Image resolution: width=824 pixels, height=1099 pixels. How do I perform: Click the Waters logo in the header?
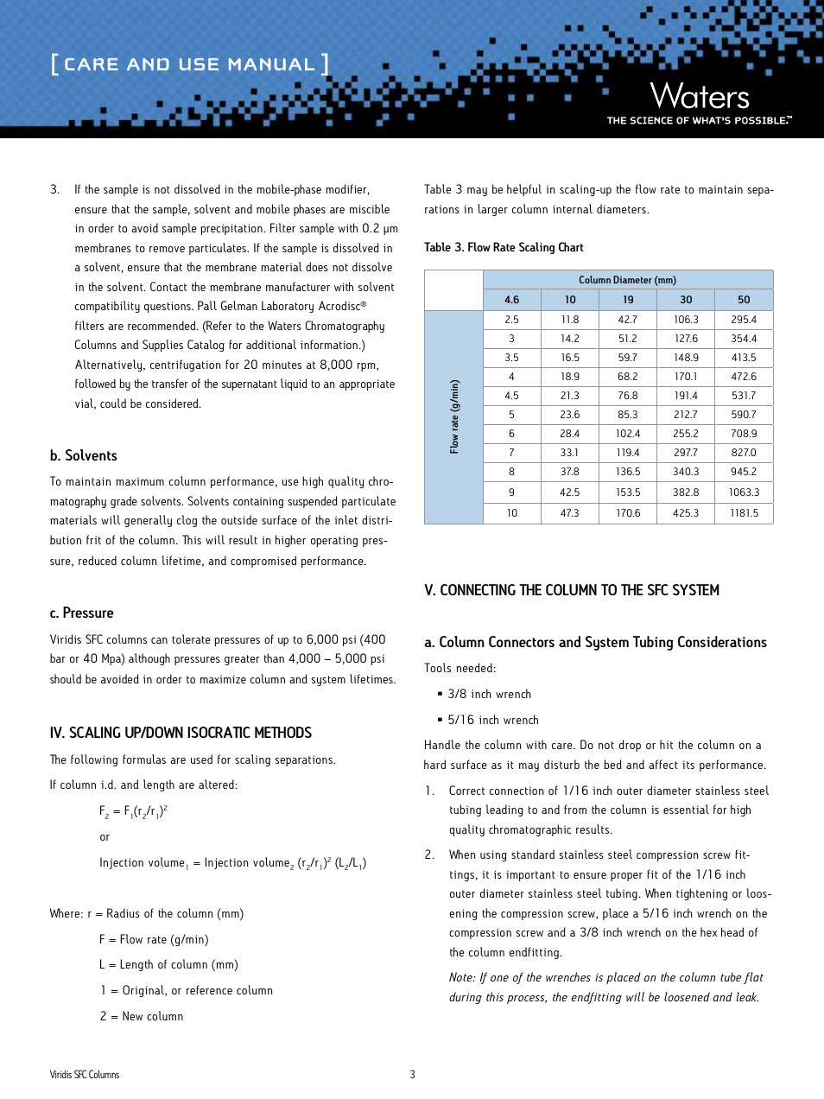click(x=699, y=97)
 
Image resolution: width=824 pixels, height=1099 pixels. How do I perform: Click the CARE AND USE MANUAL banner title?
click(x=189, y=65)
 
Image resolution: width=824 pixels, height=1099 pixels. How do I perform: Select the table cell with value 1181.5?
click(x=744, y=513)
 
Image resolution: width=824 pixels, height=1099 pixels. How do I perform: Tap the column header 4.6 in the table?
click(x=511, y=300)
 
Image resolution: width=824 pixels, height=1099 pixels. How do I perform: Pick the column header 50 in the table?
click(x=744, y=300)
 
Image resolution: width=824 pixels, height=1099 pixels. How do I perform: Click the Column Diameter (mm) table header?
click(x=627, y=280)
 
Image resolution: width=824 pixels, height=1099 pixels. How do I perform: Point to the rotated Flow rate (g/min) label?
click(x=454, y=416)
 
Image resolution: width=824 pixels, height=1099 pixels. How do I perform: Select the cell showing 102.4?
click(x=628, y=434)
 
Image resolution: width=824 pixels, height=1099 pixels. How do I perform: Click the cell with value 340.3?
click(x=686, y=472)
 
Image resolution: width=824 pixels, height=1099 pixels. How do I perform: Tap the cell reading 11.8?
click(x=570, y=320)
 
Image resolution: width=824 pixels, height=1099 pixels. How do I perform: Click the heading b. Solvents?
click(x=84, y=456)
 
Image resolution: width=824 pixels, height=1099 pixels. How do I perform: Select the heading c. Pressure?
click(x=82, y=613)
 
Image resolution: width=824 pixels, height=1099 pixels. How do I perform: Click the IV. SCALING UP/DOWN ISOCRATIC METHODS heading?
click(x=181, y=733)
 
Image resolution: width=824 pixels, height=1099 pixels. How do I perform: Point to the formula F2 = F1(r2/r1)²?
click(x=133, y=811)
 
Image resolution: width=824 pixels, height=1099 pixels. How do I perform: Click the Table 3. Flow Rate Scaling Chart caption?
click(x=504, y=247)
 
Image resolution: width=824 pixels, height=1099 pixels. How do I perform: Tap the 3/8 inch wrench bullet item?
click(x=489, y=695)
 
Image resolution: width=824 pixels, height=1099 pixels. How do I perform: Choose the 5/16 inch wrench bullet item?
click(x=492, y=721)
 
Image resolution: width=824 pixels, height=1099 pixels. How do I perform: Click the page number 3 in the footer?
click(x=412, y=1075)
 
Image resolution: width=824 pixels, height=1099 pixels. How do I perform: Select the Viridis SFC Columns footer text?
click(x=85, y=1075)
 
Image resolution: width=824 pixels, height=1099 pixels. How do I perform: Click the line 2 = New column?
click(x=142, y=1017)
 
